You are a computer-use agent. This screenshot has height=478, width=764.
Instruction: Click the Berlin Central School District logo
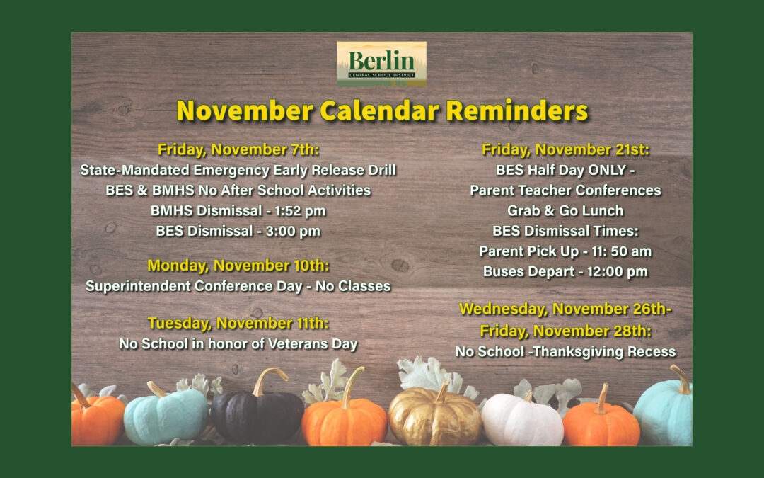381,64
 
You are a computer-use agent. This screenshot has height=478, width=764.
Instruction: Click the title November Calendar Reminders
382,111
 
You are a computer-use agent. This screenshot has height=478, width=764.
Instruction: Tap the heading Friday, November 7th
238,150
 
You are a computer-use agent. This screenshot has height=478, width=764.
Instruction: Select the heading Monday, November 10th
238,266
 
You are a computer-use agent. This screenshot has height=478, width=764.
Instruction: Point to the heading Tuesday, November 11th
238,324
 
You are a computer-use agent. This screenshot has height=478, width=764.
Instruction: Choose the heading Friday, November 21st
565,150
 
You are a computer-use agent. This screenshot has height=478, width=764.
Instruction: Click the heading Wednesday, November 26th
565,309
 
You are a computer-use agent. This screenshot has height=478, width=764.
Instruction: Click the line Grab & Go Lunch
565,211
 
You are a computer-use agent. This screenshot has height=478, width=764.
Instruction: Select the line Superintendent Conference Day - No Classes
238,286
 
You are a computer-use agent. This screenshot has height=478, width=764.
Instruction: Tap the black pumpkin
257,418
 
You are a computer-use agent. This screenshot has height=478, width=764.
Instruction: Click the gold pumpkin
434,419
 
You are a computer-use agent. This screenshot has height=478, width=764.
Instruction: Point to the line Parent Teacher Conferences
565,190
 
